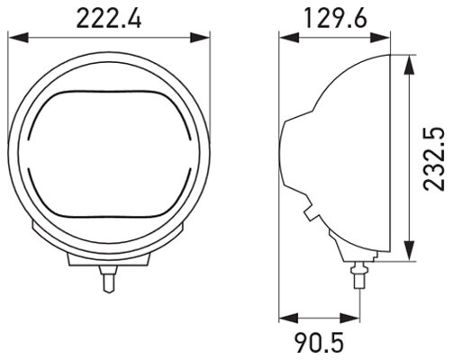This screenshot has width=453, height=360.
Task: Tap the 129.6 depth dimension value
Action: pyautogui.click(x=334, y=17)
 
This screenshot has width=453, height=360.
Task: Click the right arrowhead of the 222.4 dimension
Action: pyautogui.click(x=205, y=38)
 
